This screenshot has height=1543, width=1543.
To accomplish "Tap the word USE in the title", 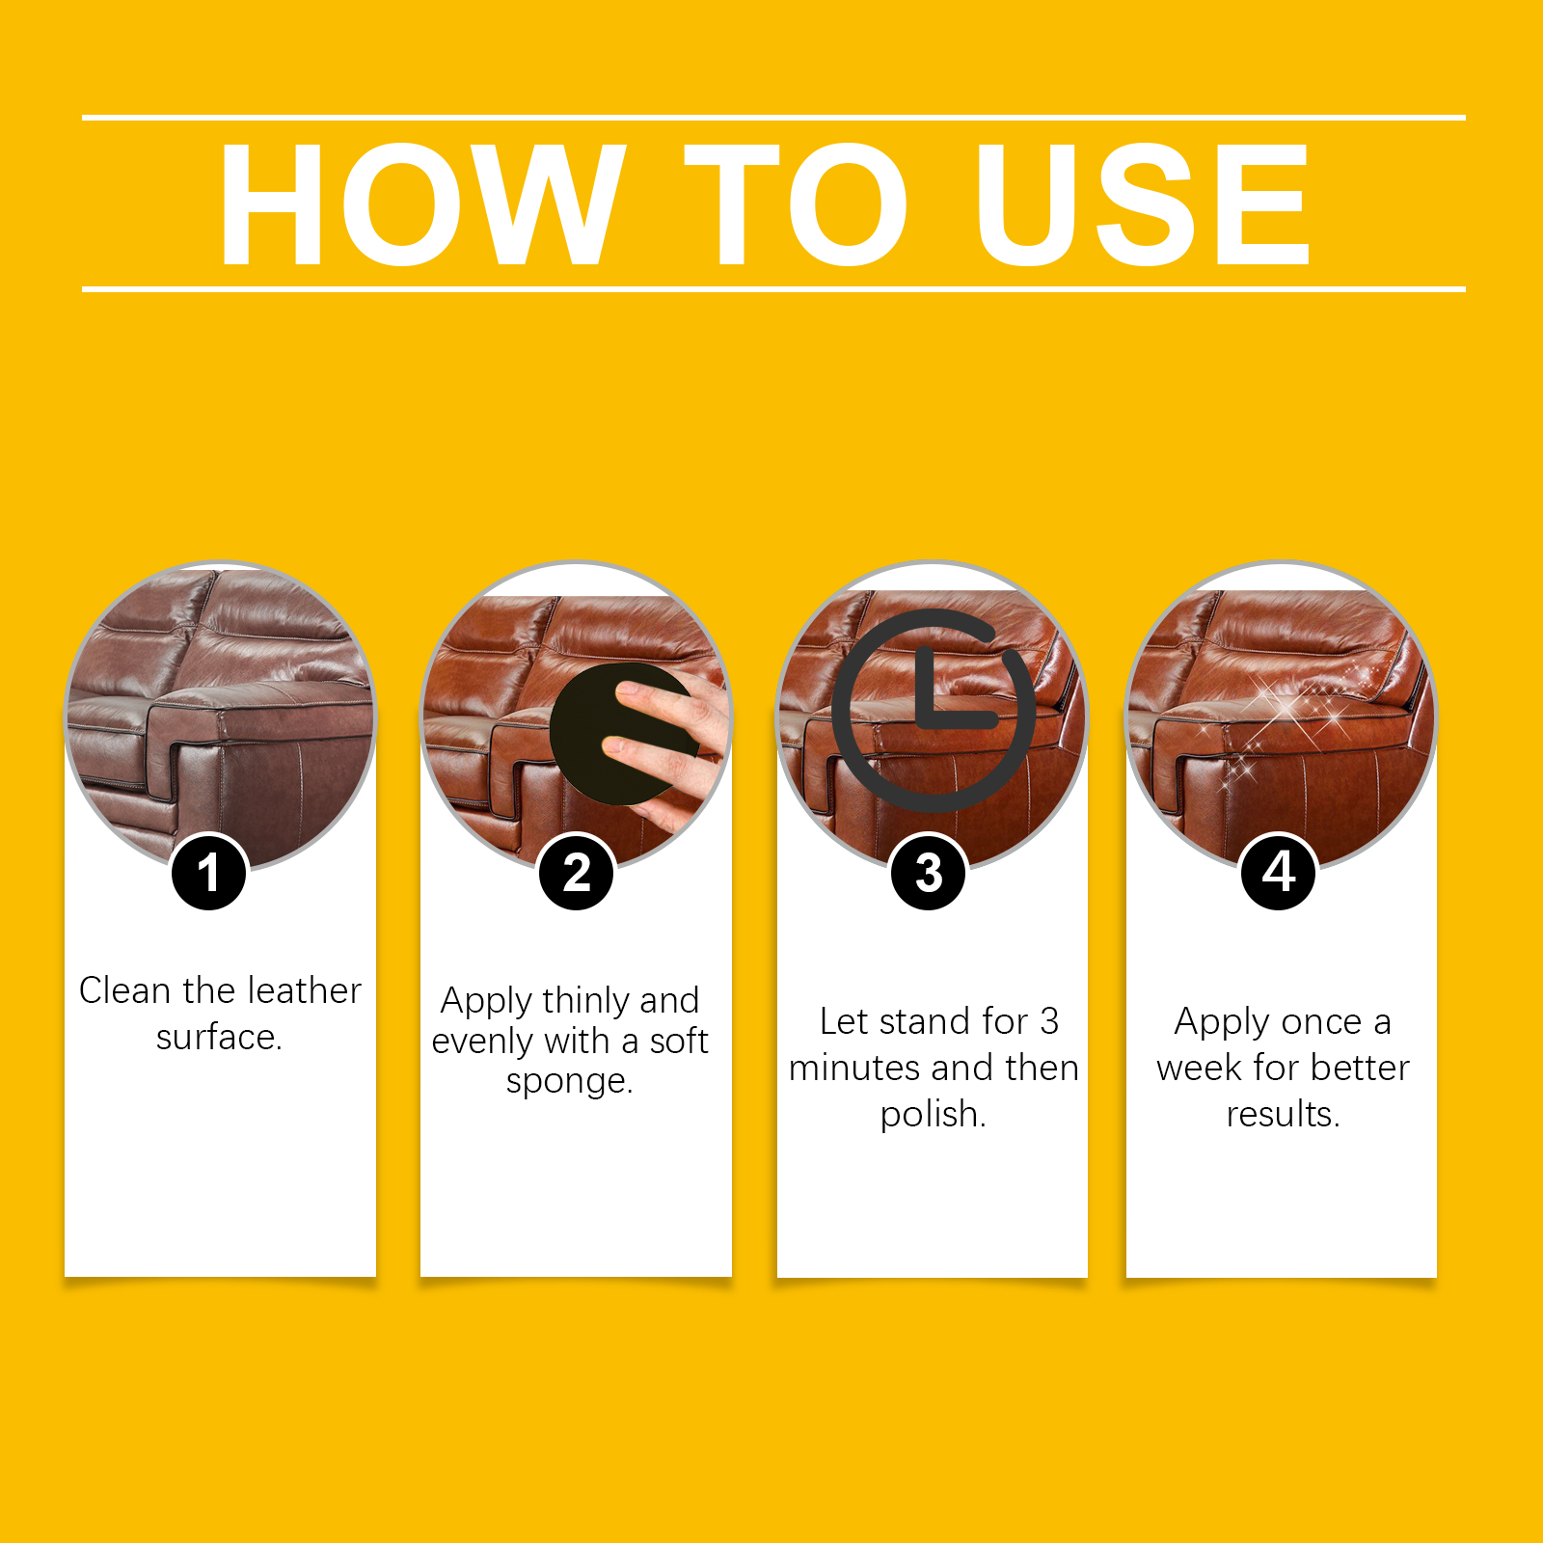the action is pyautogui.click(x=1143, y=203).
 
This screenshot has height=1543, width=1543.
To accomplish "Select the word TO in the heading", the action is pyautogui.click(x=798, y=203).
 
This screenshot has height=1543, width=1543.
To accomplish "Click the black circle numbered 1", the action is pyautogui.click(x=208, y=873).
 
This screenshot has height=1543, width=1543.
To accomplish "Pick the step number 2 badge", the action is pyautogui.click(x=576, y=873).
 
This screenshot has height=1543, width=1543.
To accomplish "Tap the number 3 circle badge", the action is pyautogui.click(x=928, y=873).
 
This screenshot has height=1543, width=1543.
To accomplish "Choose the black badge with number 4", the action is pyautogui.click(x=1279, y=872).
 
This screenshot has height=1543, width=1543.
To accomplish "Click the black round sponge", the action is pyautogui.click(x=617, y=734).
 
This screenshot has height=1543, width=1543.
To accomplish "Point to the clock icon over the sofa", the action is pyautogui.click(x=934, y=710).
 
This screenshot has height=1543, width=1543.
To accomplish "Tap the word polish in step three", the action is pyautogui.click(x=932, y=1114).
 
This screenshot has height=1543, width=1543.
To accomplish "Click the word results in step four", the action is pyautogui.click(x=1283, y=1114).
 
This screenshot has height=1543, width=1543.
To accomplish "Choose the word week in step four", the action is pyautogui.click(x=1199, y=1068).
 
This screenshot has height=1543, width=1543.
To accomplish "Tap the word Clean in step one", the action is pyautogui.click(x=124, y=990).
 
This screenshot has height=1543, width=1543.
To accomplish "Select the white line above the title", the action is pyautogui.click(x=773, y=118).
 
